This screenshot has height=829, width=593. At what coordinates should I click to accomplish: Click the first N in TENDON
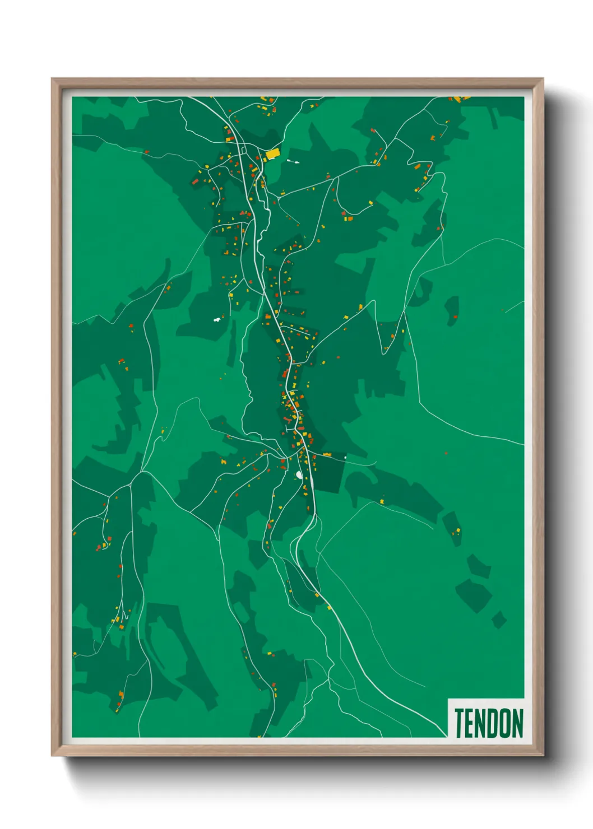[481, 723]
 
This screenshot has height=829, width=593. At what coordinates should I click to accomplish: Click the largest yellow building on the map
[272, 153]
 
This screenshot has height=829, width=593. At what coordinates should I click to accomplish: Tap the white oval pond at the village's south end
[299, 475]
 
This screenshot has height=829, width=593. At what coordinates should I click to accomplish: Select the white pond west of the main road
[217, 320]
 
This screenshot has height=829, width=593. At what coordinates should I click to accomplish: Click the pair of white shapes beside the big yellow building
[293, 162]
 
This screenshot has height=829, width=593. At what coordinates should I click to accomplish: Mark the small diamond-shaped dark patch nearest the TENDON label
[499, 620]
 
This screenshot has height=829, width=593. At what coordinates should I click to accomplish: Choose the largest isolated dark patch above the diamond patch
[474, 595]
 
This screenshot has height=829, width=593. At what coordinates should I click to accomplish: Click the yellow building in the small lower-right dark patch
[457, 530]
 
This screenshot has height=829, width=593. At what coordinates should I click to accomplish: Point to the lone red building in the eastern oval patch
[455, 317]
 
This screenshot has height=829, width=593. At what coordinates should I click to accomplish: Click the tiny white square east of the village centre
[345, 458]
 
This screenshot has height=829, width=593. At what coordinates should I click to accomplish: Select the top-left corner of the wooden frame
[52, 79]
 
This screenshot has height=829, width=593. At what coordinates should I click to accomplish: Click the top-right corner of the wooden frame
[543, 79]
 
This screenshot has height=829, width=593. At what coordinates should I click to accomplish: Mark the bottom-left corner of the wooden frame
[52, 755]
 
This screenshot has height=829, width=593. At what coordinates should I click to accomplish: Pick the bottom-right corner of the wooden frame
[543, 755]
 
